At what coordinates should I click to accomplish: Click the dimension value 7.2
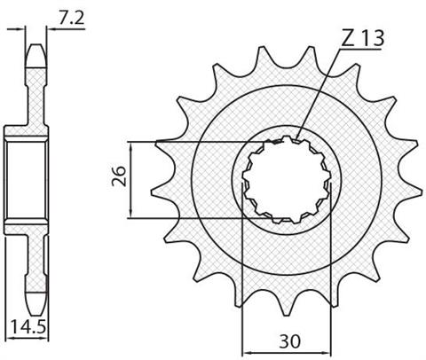[72, 19]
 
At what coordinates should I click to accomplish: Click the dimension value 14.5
[28, 327]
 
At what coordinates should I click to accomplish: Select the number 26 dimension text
[119, 176]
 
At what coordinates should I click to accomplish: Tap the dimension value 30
[289, 341]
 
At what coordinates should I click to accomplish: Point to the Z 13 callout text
[363, 38]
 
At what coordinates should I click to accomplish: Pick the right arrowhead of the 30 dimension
[326, 353]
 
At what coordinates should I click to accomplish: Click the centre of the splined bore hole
[287, 180]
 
